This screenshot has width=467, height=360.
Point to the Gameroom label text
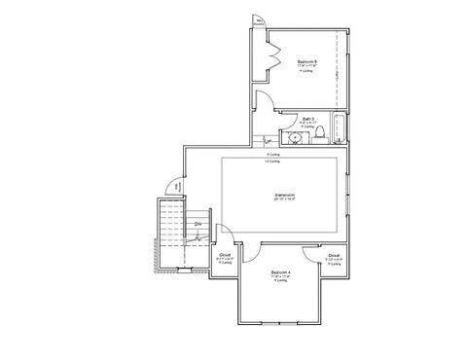click(284, 194)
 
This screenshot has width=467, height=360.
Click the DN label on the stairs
click(198, 226)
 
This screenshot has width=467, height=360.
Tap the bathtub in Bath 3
click(336, 128)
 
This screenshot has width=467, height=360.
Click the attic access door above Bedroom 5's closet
click(259, 22)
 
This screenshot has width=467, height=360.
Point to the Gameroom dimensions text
click(284, 199)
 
